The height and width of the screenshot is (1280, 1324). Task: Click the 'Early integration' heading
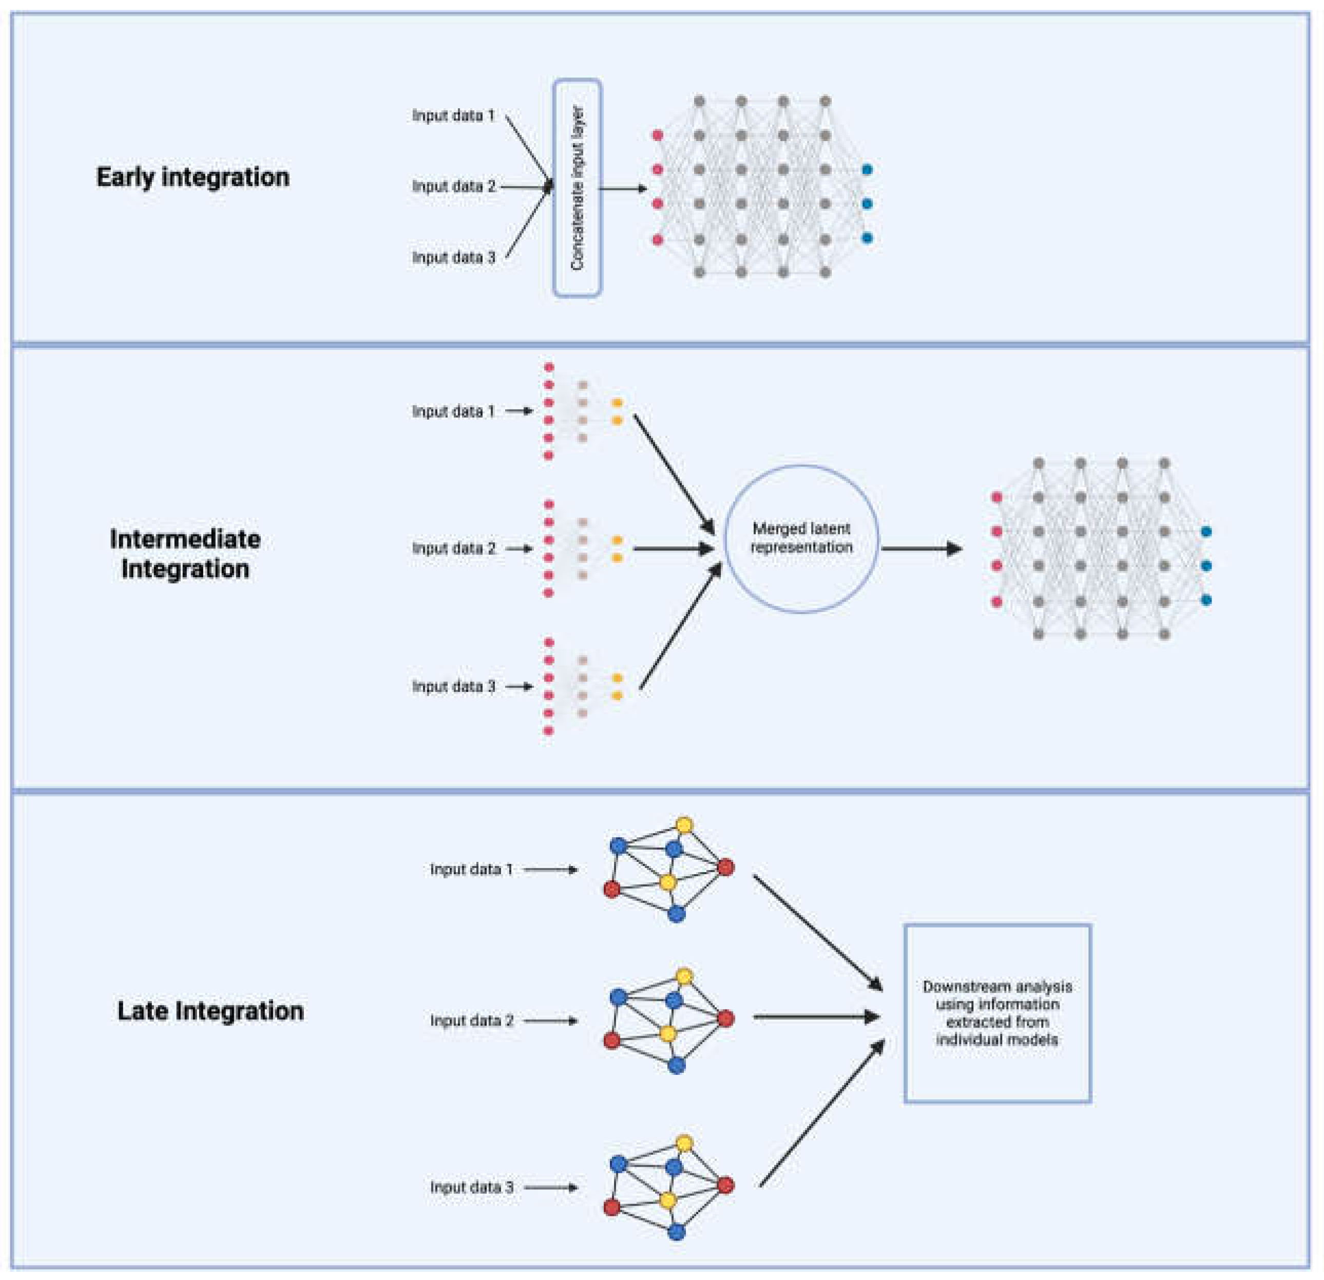193,177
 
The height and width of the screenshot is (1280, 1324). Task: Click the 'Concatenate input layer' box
577,188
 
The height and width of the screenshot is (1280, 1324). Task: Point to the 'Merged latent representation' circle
801,539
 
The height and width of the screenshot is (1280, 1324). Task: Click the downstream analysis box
997,1013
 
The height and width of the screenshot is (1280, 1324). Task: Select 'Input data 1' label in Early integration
454,115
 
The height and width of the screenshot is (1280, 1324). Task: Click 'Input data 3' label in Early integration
454,257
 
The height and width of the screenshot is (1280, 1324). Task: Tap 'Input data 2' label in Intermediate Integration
454,548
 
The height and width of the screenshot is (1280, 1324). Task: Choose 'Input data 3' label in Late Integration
471,1187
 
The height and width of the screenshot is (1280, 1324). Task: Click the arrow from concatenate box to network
623,188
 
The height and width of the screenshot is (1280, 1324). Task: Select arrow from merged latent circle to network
922,548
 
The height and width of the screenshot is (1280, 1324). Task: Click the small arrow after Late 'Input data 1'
550,870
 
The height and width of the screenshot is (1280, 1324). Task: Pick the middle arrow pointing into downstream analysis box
816,1016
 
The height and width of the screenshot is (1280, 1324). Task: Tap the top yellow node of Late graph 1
684,825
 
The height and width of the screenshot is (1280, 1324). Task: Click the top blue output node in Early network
868,169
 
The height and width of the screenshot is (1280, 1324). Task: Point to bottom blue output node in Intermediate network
1206,600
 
